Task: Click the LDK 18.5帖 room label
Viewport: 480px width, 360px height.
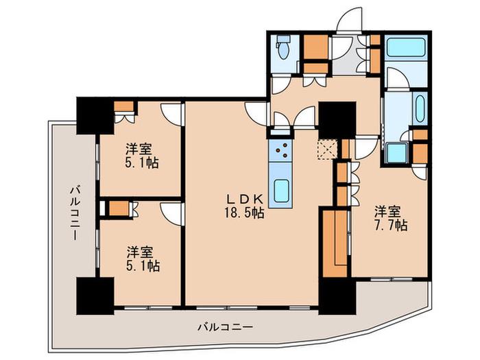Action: pos(244,206)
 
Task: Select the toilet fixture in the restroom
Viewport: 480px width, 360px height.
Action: pos(283,47)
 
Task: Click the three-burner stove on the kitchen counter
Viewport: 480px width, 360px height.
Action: pos(280,150)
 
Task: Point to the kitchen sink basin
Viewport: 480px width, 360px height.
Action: pos(280,191)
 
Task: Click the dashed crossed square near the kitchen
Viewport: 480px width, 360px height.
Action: pos(327,149)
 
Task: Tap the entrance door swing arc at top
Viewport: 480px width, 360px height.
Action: pos(349,19)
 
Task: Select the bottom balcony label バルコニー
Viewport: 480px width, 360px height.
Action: pos(226,327)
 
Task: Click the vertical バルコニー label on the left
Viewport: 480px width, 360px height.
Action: pos(75,214)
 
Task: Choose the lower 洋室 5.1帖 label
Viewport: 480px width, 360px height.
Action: pos(142,259)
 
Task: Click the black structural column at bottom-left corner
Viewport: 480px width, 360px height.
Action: pos(95,296)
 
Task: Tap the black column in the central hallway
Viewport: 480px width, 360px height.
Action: pos(337,120)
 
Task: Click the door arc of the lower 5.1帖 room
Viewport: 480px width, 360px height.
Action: pos(171,214)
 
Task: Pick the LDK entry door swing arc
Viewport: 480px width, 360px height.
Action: pos(256,113)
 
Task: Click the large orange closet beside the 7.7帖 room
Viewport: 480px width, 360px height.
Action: pos(335,243)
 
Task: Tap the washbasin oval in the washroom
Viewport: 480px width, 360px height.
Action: pos(420,108)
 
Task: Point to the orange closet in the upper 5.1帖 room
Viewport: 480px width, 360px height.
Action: pos(124,106)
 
